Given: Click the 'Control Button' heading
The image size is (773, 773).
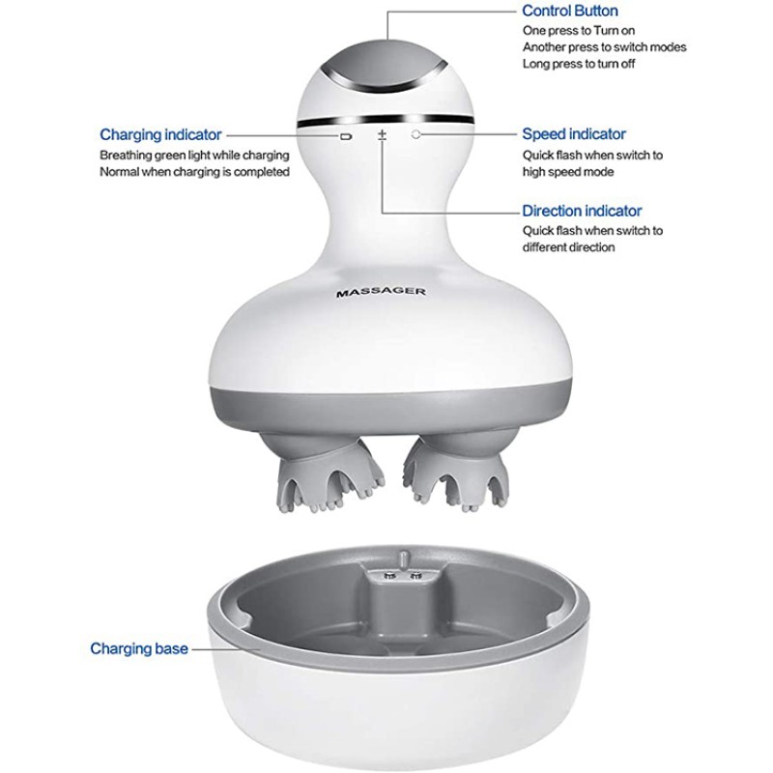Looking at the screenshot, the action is tap(569, 11).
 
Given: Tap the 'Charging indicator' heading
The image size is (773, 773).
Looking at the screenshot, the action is tap(160, 134).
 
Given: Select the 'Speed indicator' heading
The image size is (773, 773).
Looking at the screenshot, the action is tap(574, 133).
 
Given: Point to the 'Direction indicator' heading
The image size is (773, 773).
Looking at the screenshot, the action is tap(582, 211).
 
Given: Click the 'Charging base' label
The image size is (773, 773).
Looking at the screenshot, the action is tap(139, 648).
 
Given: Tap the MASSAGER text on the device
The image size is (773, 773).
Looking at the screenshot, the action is tap(381, 293).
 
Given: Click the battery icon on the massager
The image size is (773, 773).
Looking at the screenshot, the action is tap(346, 136).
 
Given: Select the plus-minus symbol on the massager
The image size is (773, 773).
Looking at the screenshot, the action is tap(382, 135).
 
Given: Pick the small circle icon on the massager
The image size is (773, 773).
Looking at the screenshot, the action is tap(416, 134).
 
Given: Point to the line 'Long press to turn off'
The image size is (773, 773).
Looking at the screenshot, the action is tap(579, 64).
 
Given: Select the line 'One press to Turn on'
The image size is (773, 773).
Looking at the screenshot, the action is tap(579, 31).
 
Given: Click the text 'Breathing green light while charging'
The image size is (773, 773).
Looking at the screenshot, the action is tap(194, 156).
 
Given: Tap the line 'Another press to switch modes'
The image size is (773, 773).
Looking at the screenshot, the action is tap(605, 47).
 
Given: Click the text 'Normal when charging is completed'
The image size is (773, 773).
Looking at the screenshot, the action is tap(194, 172).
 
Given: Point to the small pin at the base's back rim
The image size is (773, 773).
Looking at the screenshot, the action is tap(402, 559).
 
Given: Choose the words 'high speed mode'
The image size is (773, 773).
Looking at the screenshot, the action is tap(568, 172).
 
